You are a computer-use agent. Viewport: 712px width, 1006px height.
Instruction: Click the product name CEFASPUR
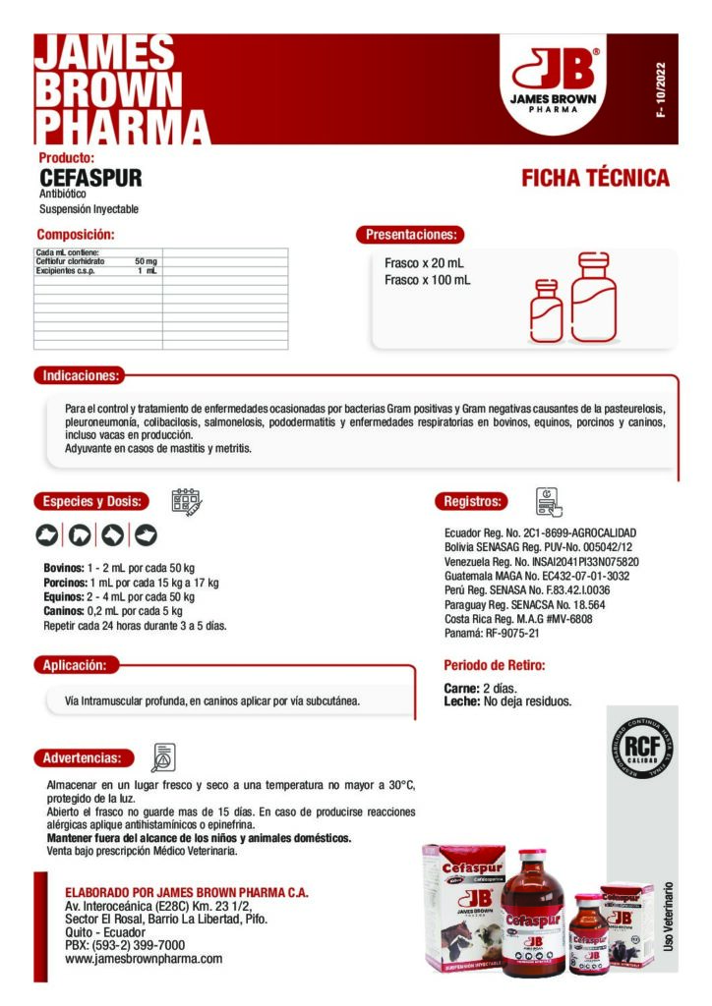tap(90, 178)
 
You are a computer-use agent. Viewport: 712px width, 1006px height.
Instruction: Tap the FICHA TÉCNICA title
tap(595, 178)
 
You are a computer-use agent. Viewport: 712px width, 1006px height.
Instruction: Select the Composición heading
tap(76, 235)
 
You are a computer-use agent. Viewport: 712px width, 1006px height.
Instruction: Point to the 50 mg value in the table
tap(146, 261)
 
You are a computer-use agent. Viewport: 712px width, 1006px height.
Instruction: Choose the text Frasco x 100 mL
tap(427, 281)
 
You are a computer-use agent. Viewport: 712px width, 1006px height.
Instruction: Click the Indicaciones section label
tap(81, 375)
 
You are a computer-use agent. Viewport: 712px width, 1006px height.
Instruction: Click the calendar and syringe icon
tap(187, 502)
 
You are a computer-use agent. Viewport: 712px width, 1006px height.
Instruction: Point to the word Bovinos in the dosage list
tap(64, 569)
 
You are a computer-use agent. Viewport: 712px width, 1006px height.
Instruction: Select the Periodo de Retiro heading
tap(494, 665)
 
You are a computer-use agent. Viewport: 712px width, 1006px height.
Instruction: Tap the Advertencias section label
tap(82, 757)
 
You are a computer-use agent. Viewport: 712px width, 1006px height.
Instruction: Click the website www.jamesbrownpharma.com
tap(144, 958)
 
